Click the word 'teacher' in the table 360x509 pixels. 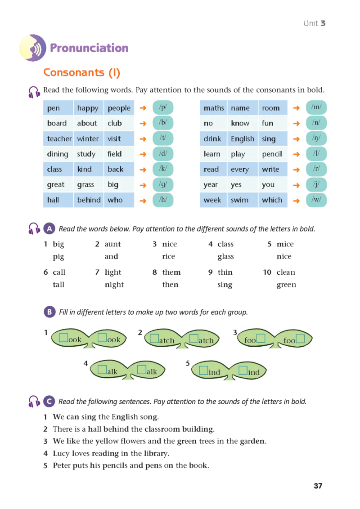[59, 138]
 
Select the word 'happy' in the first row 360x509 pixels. [88, 108]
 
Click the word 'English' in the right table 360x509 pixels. [243, 138]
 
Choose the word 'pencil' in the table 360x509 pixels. [272, 154]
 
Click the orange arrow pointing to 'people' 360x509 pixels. [143, 108]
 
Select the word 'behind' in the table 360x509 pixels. [89, 200]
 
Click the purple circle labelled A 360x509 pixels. [49, 229]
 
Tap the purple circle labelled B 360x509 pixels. [49, 312]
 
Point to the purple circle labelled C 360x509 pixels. [49, 401]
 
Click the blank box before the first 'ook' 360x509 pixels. [64, 338]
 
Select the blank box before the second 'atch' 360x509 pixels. [193, 339]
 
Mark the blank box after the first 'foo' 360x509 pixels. [261, 339]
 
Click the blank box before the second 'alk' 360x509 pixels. [142, 370]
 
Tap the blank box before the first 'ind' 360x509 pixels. [203, 370]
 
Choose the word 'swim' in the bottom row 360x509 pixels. [239, 200]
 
